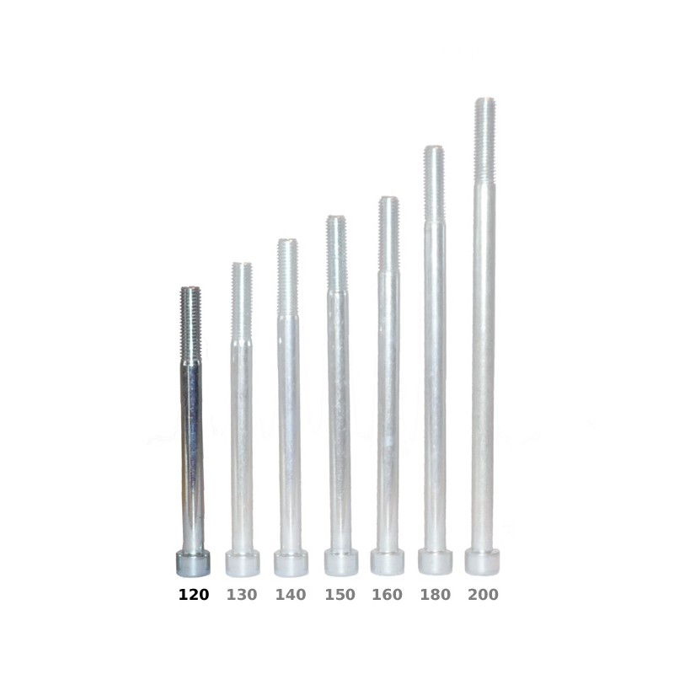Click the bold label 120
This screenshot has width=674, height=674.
[x=194, y=595]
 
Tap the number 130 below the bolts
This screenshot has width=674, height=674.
[x=242, y=595]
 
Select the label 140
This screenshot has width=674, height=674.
[x=291, y=595]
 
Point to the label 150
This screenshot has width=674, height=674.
[x=340, y=595]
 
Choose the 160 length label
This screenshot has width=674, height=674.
[x=387, y=595]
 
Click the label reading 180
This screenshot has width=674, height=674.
[x=435, y=595]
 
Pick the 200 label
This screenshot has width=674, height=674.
[x=483, y=595]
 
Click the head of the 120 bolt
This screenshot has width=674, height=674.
[x=193, y=563]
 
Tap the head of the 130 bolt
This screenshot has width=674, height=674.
[x=243, y=563]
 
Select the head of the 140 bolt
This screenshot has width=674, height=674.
[x=291, y=563]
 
